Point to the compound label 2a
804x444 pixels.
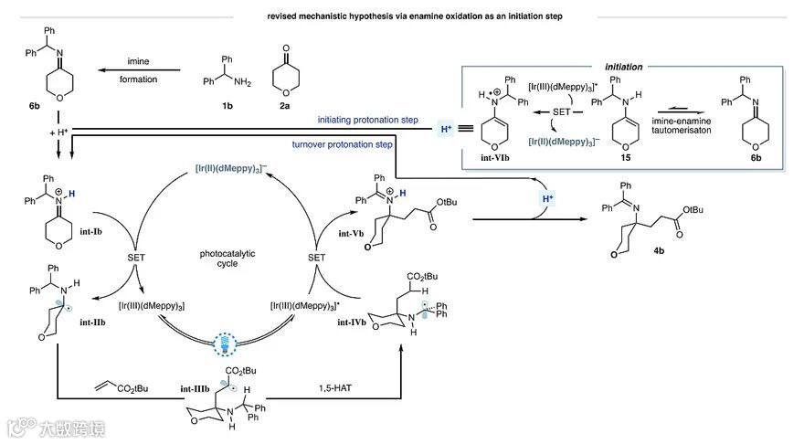tap(279, 105)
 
